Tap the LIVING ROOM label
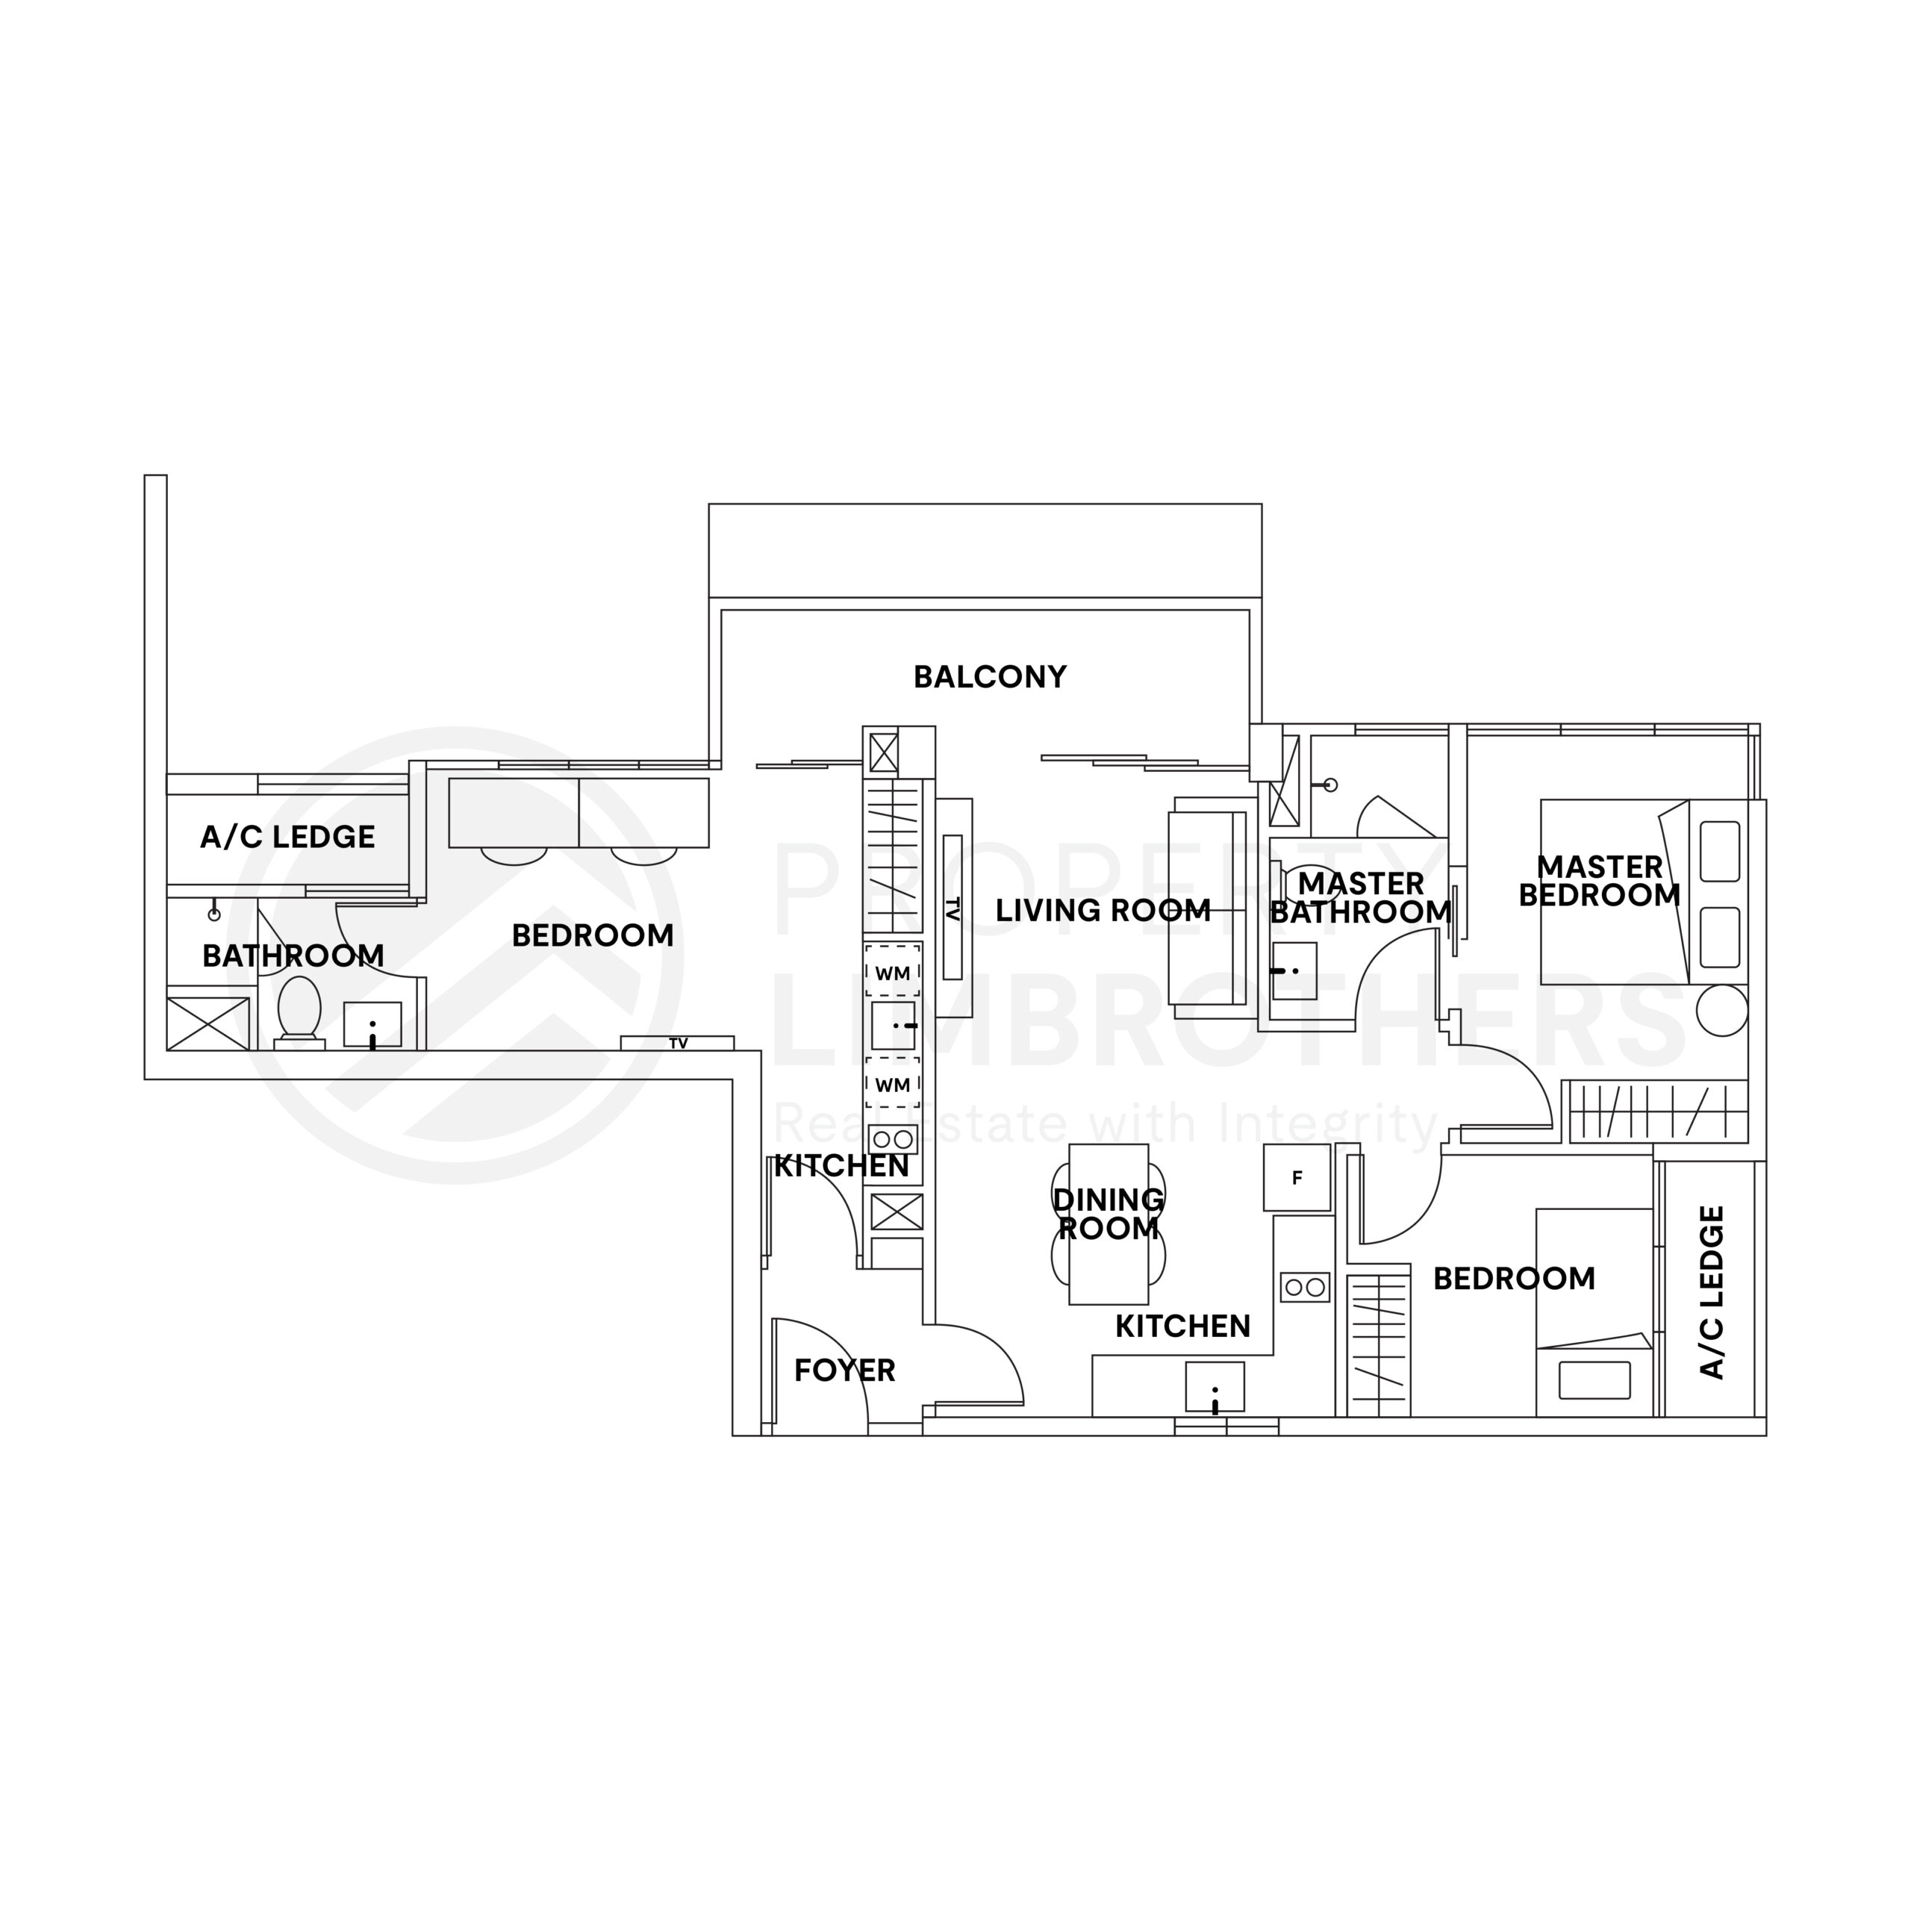click(1103, 910)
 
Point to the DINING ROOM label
click(1109, 1214)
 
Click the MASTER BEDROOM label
click(1600, 880)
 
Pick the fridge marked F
click(1297, 1177)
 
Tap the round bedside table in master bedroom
click(1722, 1010)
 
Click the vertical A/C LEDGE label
click(1711, 1292)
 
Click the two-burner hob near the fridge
click(1305, 1287)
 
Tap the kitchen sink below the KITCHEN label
click(1215, 1388)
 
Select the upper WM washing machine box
click(894, 970)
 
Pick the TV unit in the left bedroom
click(678, 1043)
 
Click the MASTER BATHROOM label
click(1361, 897)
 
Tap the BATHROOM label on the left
click(293, 955)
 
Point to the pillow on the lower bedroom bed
click(1594, 1380)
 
